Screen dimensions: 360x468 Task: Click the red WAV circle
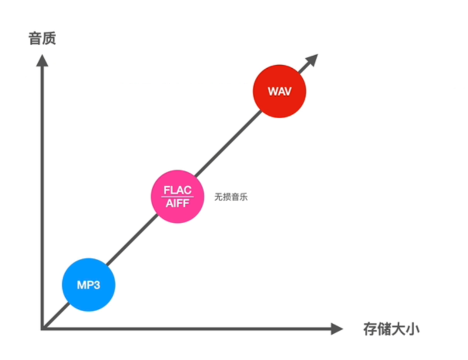click(x=279, y=92)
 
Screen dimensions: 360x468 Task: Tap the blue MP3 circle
click(x=88, y=285)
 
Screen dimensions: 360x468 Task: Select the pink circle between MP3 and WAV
click(x=177, y=197)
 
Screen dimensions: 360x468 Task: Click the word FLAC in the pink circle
click(x=177, y=191)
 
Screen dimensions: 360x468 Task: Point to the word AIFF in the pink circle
click(x=177, y=204)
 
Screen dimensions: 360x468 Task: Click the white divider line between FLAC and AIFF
click(x=177, y=197)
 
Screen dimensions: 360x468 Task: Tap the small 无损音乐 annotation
click(x=231, y=197)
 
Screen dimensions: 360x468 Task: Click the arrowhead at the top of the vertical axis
click(x=42, y=60)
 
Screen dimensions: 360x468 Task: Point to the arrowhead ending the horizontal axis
click(x=337, y=329)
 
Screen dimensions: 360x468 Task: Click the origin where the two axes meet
click(x=43, y=329)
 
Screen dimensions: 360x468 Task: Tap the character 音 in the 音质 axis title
click(x=35, y=38)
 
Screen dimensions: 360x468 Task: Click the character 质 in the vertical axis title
click(x=49, y=38)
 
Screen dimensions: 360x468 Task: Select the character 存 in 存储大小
click(x=370, y=329)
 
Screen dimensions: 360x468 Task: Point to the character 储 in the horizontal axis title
click(x=384, y=329)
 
